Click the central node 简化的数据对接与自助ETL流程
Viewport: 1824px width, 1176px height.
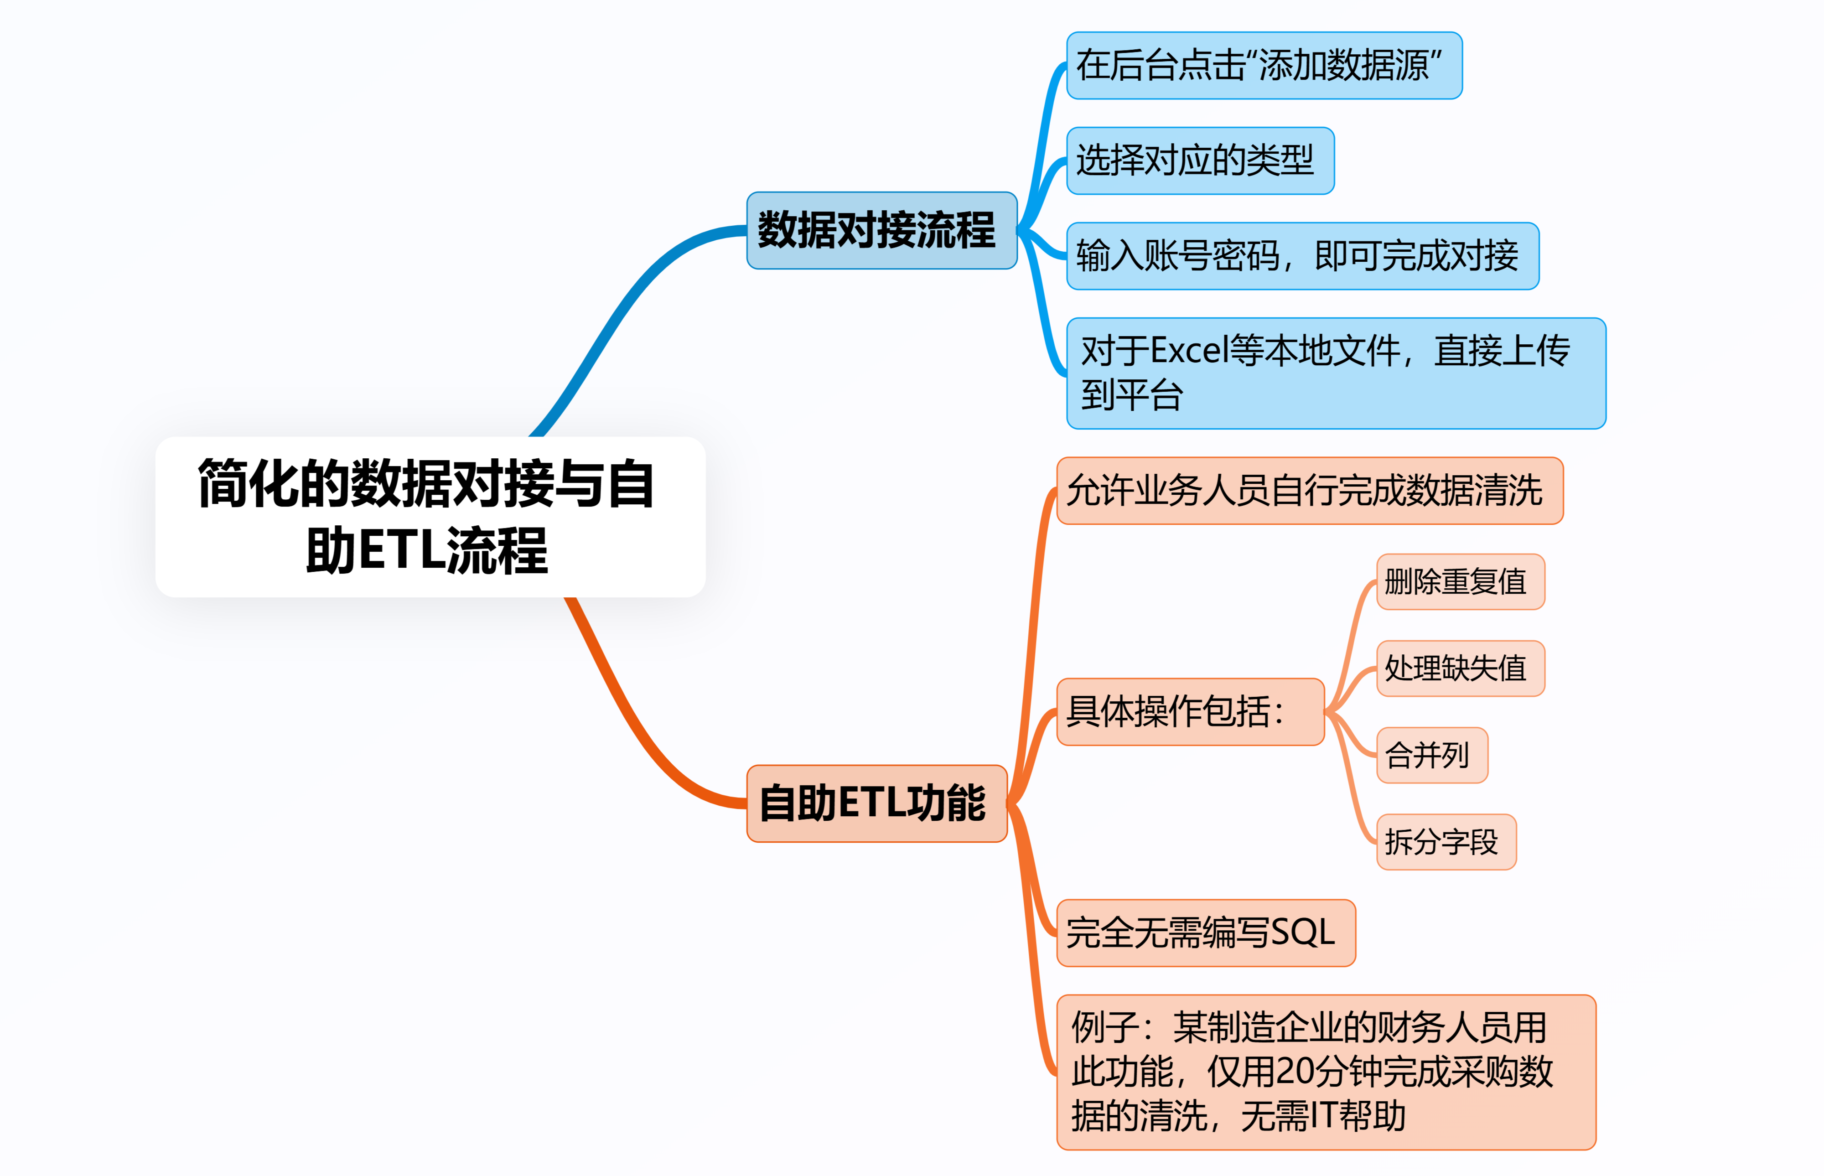tap(430, 517)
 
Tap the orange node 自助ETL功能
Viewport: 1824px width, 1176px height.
tap(876, 803)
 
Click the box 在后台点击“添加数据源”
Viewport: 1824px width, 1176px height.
tap(1264, 66)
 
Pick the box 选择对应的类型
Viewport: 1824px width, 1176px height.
tap(1199, 161)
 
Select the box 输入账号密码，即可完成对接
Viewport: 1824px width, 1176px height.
tap(1302, 256)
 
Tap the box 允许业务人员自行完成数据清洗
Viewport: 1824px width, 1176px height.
tap(1309, 490)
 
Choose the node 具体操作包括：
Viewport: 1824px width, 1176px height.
tap(1190, 712)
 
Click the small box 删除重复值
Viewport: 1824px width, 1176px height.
tap(1460, 582)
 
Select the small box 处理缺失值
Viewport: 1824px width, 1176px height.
tap(1460, 668)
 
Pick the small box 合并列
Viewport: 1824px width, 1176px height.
tap(1431, 755)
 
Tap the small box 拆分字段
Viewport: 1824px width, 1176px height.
tap(1446, 841)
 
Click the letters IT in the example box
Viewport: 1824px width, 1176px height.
tap(1323, 1116)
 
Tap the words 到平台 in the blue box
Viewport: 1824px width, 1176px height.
tap(1131, 395)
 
